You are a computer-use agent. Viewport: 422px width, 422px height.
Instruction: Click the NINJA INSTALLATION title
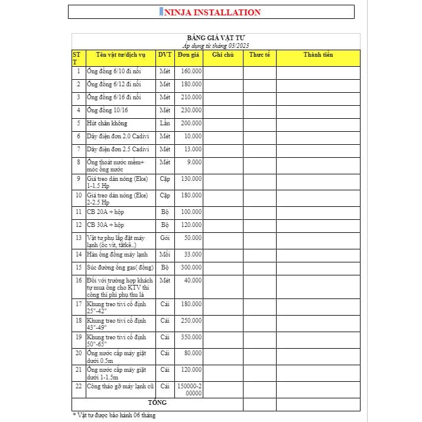pos(211,12)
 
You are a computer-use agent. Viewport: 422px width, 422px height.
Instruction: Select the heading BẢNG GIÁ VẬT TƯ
pos(216,38)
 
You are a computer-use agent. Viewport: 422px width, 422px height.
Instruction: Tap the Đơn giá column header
pos(189,55)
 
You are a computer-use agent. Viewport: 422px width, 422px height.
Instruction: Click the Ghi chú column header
pos(223,55)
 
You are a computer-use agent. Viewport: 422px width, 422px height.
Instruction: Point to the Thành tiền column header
pos(318,55)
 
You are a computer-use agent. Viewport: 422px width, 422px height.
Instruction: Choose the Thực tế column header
pos(259,55)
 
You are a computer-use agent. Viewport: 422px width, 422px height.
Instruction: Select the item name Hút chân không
pos(107,123)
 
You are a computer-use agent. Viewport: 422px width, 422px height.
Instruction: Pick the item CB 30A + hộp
pos(106,225)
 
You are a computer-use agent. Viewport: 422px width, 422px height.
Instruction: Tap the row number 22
pos(78,386)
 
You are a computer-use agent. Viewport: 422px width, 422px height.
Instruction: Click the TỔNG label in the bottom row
pos(157,402)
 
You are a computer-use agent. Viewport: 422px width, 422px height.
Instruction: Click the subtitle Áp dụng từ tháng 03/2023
pos(216,46)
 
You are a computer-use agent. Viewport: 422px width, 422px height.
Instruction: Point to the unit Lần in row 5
pos(165,123)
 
